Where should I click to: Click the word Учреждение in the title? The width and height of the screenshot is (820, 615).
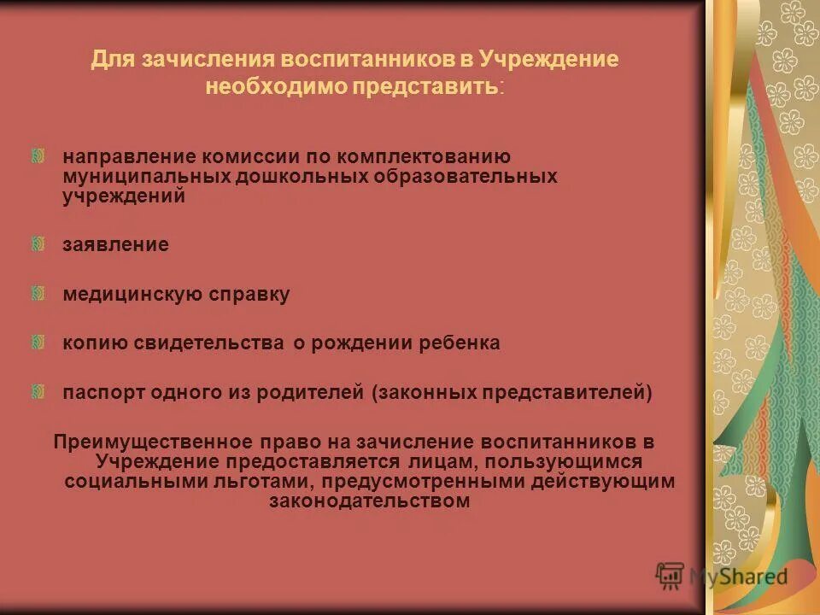click(x=548, y=61)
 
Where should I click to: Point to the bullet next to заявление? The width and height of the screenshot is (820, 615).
click(x=38, y=244)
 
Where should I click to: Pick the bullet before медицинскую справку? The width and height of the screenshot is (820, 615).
click(x=38, y=293)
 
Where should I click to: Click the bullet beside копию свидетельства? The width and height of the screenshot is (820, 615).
click(x=38, y=343)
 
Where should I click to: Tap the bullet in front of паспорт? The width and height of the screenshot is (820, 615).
click(x=38, y=392)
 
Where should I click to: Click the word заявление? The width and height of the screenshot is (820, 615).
click(x=115, y=245)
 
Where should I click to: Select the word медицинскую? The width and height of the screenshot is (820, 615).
click(x=132, y=295)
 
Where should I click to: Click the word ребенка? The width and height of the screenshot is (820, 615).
click(x=462, y=343)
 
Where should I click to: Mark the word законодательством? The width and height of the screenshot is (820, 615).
click(x=369, y=502)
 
